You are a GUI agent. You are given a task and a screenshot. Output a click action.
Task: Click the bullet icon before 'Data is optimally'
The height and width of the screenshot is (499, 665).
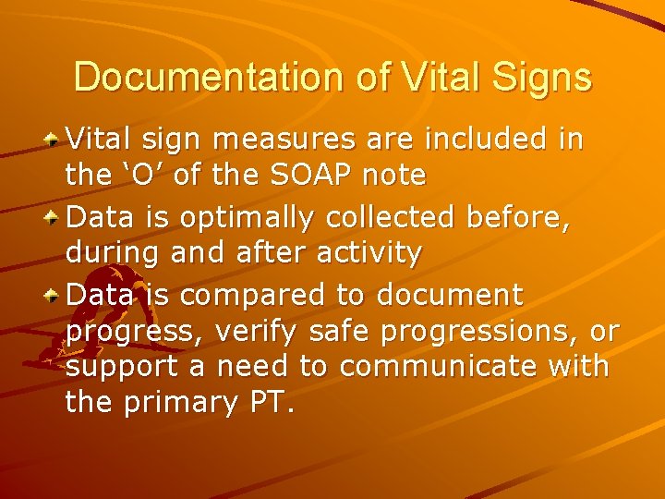(54, 218)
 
